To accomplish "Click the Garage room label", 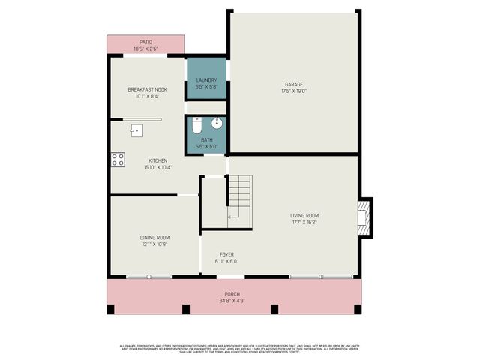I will pos(294,83).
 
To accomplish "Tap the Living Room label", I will pos(305,216).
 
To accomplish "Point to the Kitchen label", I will pos(157,160).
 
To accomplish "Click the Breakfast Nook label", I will pos(147,89).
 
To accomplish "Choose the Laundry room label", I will pos(206,80).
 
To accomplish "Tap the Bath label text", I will pos(206,139).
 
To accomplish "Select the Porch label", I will pos(232,293).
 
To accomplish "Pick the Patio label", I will pos(146,43).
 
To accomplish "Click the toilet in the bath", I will pos(196,126).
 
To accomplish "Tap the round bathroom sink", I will pos(217,123).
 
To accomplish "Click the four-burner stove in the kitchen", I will pos(118,159).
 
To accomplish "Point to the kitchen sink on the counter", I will pos(136,130).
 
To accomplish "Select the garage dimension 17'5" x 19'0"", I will pos(294,91).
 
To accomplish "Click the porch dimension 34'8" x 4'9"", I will pos(232,301).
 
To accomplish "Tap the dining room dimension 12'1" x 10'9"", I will pos(154,244).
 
